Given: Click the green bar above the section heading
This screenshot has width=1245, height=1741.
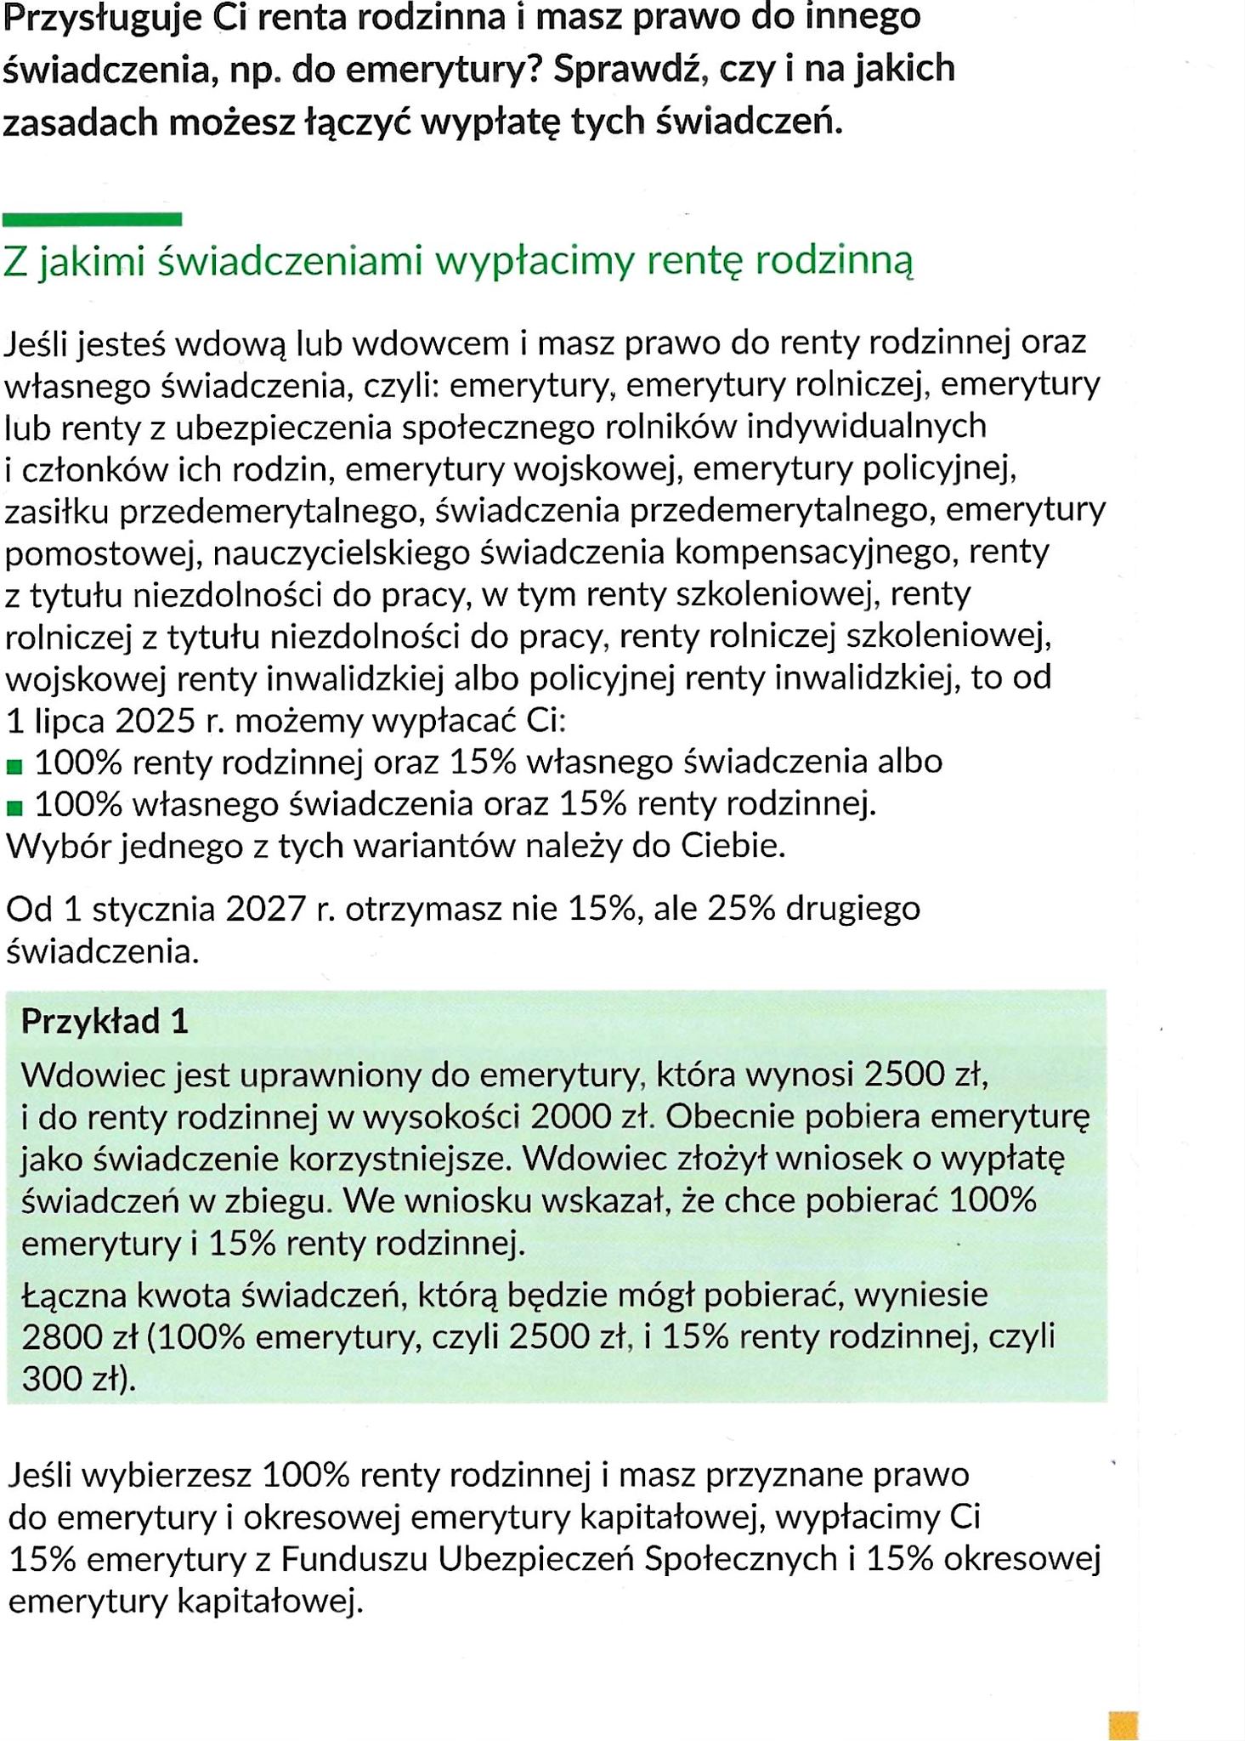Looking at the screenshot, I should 92,219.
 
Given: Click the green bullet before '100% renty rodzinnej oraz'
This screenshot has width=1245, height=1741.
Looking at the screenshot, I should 14,767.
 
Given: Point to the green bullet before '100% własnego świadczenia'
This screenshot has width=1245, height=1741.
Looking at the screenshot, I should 14,808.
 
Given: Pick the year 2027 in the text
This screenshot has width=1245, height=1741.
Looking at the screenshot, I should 265,909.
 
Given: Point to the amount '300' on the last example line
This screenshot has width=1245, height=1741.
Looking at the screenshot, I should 49,1380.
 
